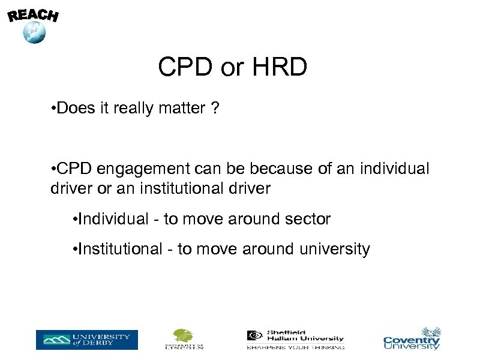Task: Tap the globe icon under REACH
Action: tap(34, 32)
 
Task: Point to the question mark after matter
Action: tap(215, 109)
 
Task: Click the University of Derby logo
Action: tap(86, 340)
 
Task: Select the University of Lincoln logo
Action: tap(184, 339)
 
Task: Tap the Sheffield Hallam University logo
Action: tap(295, 337)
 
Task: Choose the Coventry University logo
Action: tap(412, 339)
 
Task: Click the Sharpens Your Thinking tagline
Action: tap(295, 347)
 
